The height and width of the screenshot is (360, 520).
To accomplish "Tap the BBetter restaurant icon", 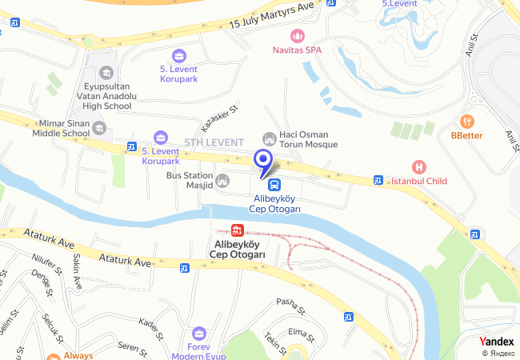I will (467, 122).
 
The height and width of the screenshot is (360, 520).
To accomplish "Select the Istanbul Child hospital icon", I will (417, 167).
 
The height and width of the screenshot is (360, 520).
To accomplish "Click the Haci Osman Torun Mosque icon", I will (270, 138).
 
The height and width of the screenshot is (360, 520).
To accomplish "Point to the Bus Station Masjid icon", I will (222, 181).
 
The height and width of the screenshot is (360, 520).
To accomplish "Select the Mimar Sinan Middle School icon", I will (98, 127).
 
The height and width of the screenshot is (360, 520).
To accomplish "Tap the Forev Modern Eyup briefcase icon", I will (200, 332).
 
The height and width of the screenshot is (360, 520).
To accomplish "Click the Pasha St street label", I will (286, 302).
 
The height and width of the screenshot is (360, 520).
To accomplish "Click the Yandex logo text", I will (497, 342).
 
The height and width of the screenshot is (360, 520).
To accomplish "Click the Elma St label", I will (298, 330).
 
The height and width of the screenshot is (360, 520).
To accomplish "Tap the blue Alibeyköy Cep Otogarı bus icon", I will (263, 185).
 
